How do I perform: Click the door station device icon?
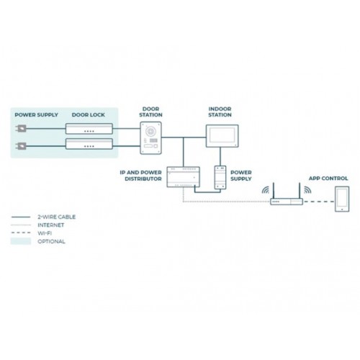150,138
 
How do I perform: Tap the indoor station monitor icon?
222,136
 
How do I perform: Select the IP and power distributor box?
184,177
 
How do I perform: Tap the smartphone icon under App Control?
342,199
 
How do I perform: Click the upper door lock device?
89,129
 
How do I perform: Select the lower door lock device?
89,144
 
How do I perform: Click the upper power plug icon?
21,129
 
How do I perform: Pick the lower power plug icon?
21,145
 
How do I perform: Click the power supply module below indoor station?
220,177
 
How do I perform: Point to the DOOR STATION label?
150,112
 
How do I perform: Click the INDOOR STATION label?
220,112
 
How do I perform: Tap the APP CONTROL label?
328,179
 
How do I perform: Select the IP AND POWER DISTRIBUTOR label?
141,176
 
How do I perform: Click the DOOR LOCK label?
89,114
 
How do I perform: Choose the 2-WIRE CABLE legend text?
57,217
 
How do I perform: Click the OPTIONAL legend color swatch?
21,241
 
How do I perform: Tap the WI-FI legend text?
45,233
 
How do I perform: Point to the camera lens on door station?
150,131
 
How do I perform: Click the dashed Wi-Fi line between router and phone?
319,202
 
